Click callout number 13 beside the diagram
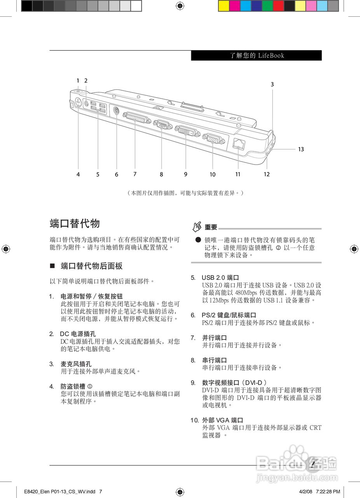coord(301,149)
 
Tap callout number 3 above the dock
coord(272,84)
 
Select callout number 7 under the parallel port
coord(135,174)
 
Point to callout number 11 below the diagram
coord(238,174)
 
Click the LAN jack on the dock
coord(238,144)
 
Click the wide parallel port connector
coord(136,117)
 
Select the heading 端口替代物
coord(75,223)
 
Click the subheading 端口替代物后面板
coord(91,266)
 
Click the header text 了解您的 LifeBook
coord(257,56)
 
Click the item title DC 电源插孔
coord(78,334)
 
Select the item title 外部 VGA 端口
coord(222,420)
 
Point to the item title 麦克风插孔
coord(76,364)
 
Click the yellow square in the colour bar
coord(224,5)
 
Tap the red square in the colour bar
coord(278,5)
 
